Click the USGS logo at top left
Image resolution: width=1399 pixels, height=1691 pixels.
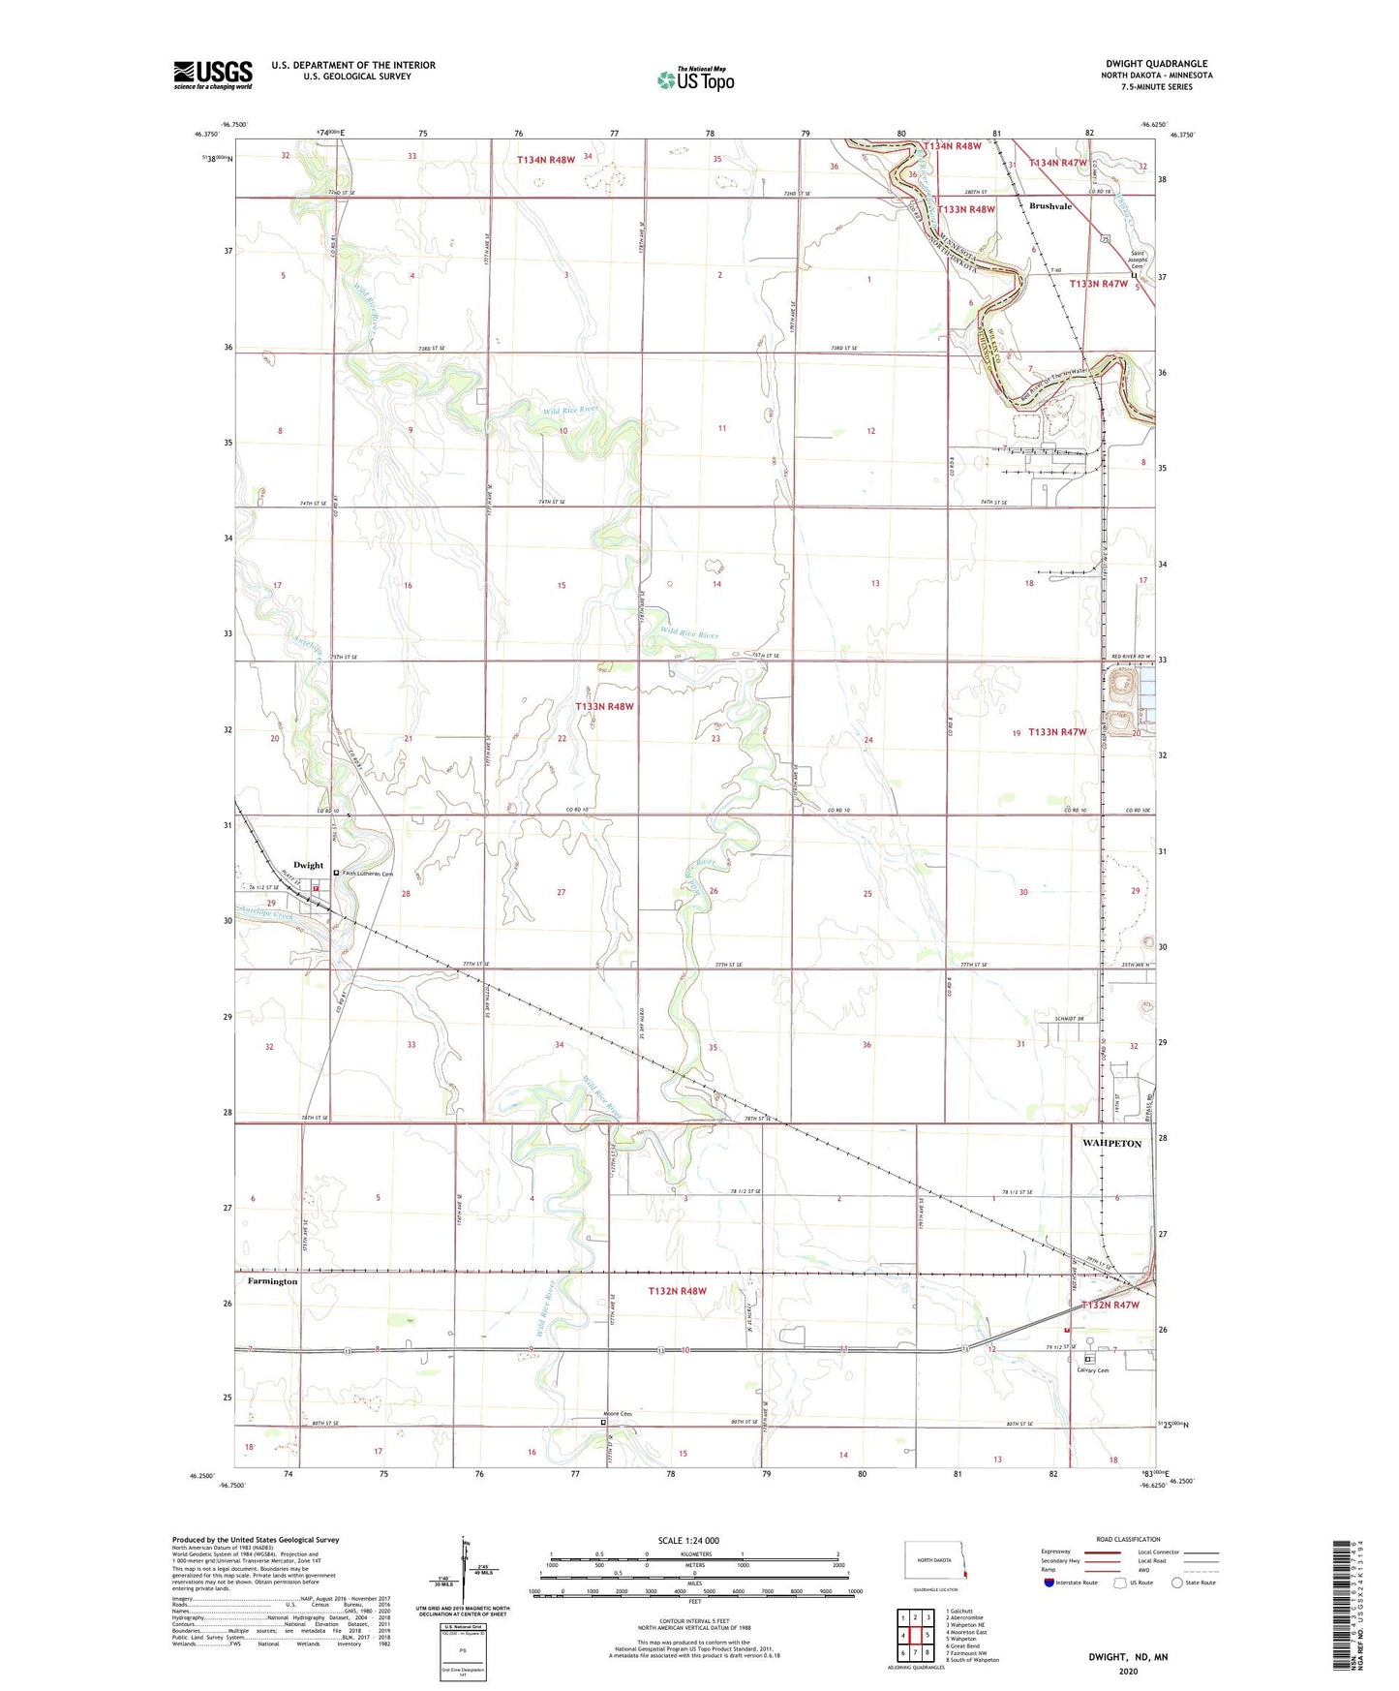coord(213,74)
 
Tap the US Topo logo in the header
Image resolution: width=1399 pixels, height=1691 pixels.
coord(695,79)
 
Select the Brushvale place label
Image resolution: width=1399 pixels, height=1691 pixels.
coord(1049,206)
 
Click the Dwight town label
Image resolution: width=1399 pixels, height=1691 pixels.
coord(308,865)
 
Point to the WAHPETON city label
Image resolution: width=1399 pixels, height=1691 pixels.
coord(1110,1144)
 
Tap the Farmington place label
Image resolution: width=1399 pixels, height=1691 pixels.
coord(272,1281)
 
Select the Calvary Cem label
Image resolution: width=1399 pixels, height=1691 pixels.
coord(1092,1369)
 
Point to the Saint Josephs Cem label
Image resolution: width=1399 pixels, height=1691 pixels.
coord(1139,260)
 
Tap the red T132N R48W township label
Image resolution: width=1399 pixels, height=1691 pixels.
coord(677,1291)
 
